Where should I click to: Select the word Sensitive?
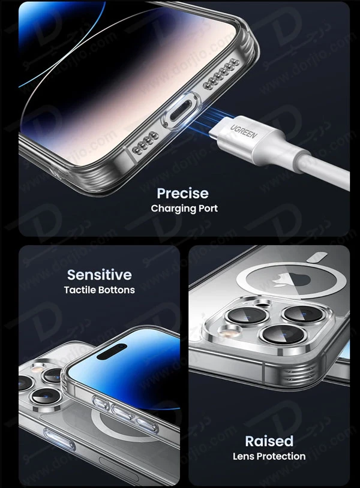click(x=99, y=275)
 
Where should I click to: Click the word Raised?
click(x=269, y=441)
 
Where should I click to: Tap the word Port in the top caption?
click(x=208, y=209)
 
